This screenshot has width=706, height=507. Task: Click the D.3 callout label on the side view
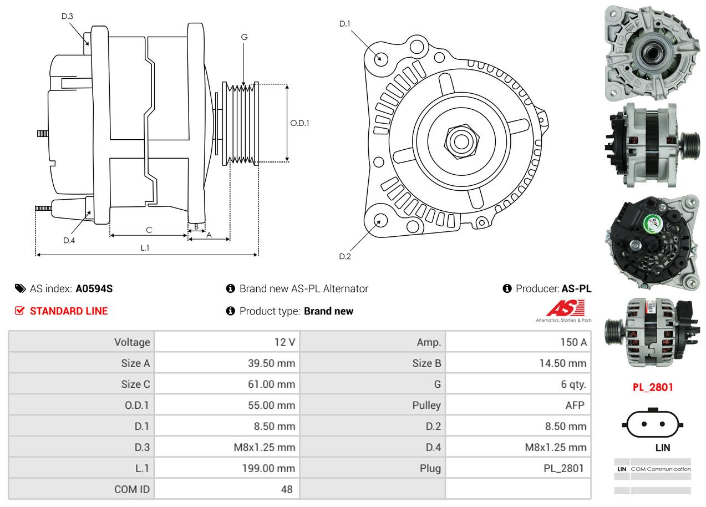point(67,16)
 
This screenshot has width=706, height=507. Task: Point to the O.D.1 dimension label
point(299,123)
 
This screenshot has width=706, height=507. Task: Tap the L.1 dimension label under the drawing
point(145,248)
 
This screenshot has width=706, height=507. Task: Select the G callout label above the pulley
point(244,37)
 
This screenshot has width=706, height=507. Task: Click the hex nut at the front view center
point(460,140)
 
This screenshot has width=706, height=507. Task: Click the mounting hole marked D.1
point(380,58)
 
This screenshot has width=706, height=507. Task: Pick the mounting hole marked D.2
point(380,220)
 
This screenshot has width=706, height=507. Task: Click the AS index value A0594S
point(94,288)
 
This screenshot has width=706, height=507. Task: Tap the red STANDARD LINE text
point(69,311)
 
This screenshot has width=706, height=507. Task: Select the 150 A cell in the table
point(573,342)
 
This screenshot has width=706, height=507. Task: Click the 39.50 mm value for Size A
point(271,363)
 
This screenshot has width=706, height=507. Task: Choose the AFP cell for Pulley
point(575,405)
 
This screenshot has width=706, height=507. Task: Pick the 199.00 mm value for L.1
point(268,468)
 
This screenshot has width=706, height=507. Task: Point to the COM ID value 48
point(286,489)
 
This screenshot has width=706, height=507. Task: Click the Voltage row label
point(132,342)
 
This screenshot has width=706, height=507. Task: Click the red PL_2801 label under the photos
point(653,387)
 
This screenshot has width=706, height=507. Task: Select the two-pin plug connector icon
point(653,424)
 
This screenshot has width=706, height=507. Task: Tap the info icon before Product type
point(231,311)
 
